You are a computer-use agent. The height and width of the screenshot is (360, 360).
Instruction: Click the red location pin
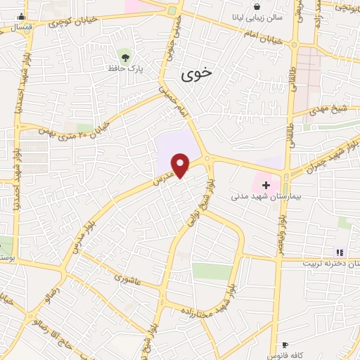(181, 165)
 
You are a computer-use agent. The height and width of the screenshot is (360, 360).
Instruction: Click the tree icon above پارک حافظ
(125, 56)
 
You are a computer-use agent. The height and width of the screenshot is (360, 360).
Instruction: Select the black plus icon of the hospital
(266, 184)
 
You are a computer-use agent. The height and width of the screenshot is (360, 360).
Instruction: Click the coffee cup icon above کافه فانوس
(285, 345)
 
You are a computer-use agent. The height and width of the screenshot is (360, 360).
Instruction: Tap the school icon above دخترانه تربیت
(340, 252)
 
